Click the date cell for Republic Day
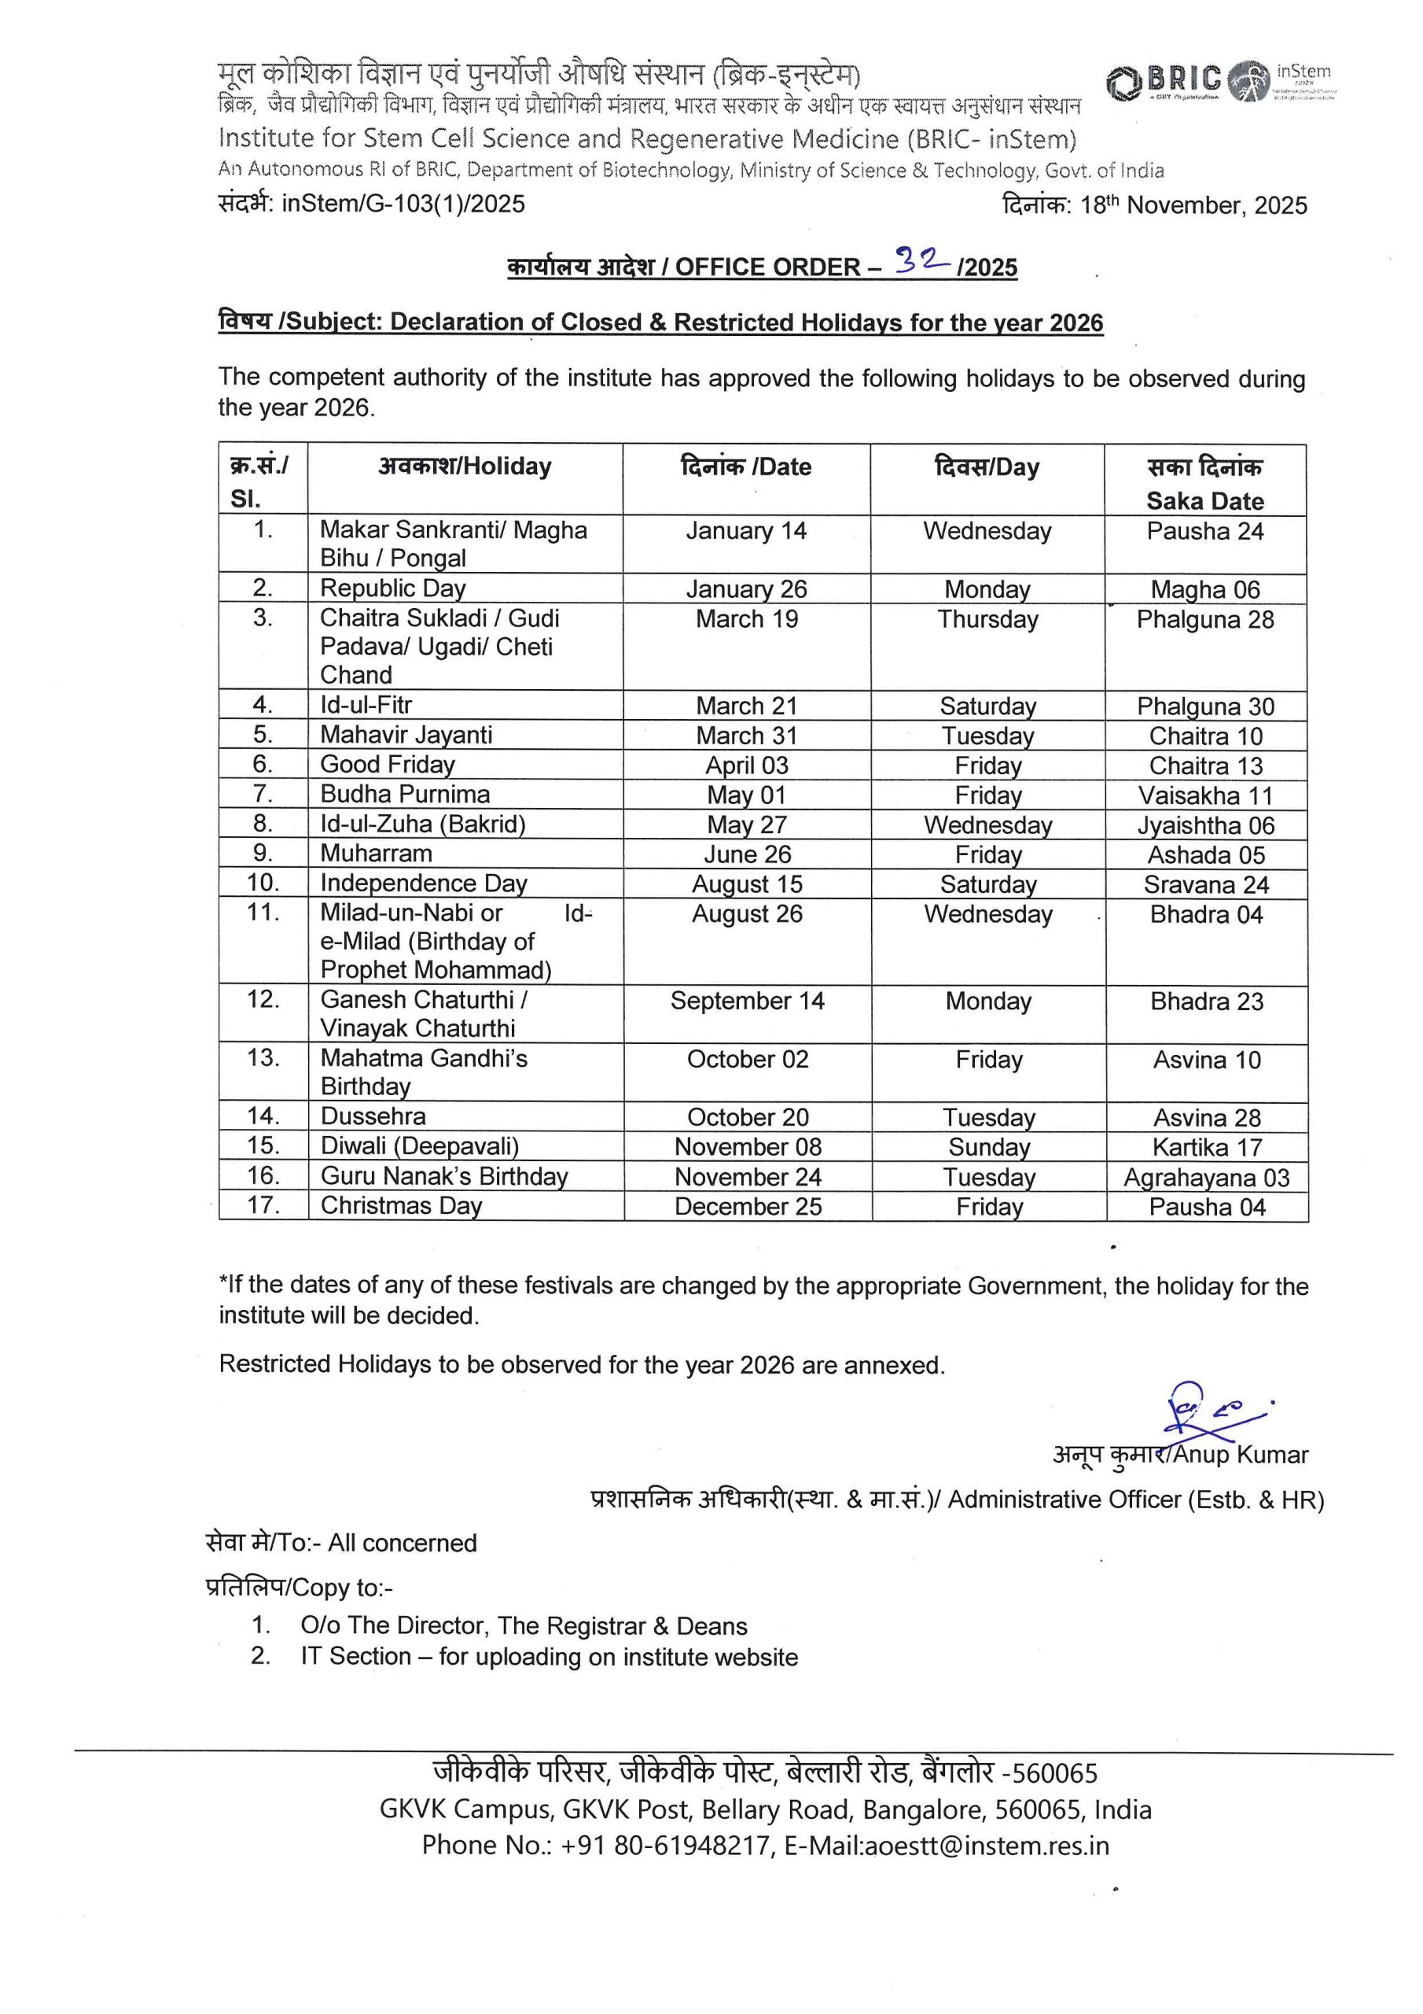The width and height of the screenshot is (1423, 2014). click(746, 588)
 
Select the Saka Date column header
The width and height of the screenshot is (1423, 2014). click(1204, 483)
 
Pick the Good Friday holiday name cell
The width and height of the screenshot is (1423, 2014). click(388, 764)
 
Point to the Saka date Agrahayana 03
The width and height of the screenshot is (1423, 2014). click(1207, 1177)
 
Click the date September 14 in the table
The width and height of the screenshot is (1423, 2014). click(747, 1001)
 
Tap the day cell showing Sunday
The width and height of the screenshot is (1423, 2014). click(988, 1147)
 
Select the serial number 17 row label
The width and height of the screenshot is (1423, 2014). click(263, 1205)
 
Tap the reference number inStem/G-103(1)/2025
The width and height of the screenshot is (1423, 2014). click(403, 204)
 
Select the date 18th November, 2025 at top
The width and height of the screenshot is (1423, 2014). click(1193, 205)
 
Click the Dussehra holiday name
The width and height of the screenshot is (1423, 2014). click(373, 1116)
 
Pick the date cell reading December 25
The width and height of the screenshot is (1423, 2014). click(748, 1207)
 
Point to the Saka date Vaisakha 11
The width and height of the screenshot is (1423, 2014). click(1205, 795)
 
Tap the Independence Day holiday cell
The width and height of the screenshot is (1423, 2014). click(424, 883)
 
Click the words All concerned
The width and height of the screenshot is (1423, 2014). click(403, 1543)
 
